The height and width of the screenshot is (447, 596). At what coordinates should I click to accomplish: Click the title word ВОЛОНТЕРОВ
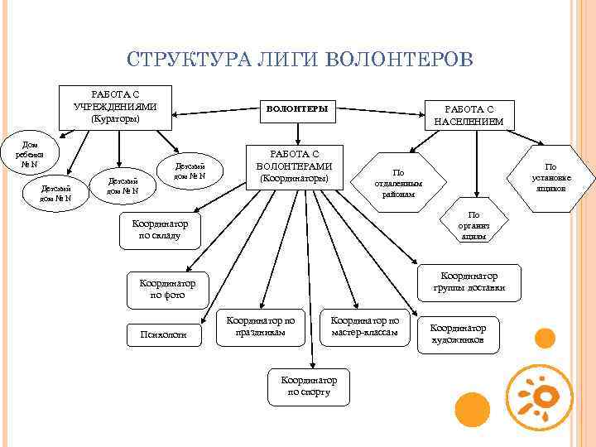pos(401,60)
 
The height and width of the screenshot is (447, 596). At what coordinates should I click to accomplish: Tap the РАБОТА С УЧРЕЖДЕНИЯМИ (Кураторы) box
pos(116,106)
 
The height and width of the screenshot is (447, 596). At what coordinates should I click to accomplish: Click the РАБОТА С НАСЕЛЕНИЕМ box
pos(469,114)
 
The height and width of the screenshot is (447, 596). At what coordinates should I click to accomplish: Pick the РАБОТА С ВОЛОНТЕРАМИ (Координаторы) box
pos(296,166)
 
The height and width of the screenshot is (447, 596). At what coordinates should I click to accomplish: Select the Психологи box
pos(164,334)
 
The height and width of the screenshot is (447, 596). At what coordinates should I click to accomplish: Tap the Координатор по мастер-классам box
pos(363,326)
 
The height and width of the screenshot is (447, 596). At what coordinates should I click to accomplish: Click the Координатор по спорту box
pos(310,385)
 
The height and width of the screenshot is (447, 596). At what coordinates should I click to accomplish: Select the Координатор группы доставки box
pos(469,281)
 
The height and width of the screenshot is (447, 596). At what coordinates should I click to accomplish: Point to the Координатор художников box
pos(458,334)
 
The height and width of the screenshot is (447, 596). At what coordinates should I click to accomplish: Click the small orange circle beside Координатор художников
pos(544,337)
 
